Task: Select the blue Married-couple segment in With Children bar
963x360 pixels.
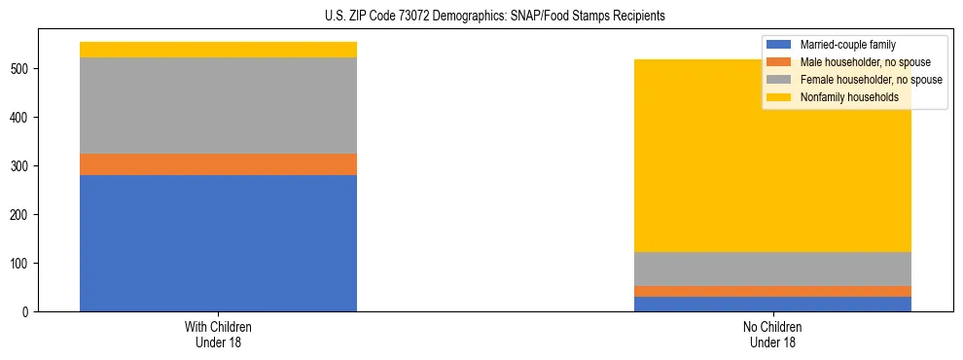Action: tap(218, 243)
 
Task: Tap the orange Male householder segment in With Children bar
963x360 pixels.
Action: tap(218, 164)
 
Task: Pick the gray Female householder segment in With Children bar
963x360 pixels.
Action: tap(218, 105)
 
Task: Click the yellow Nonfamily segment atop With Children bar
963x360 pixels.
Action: tap(218, 50)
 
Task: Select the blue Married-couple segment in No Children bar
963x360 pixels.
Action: tap(773, 304)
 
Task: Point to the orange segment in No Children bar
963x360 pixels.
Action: tap(773, 291)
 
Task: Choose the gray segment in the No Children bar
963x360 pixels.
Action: tap(773, 269)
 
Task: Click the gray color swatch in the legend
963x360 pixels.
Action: tap(779, 80)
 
